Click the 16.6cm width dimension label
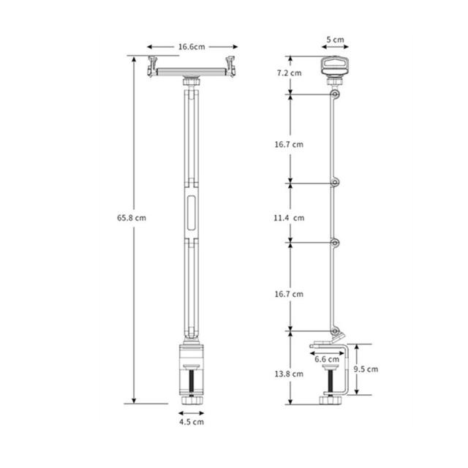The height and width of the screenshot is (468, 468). pyautogui.click(x=192, y=47)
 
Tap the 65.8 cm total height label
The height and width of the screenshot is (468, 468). pyautogui.click(x=132, y=218)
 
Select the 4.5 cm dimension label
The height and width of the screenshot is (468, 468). pyautogui.click(x=192, y=422)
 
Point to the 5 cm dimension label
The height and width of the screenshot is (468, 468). pyautogui.click(x=335, y=39)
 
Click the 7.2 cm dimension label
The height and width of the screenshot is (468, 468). pyautogui.click(x=289, y=73)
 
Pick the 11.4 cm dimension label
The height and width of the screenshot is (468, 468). pyautogui.click(x=289, y=218)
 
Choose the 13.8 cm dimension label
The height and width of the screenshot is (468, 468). pyautogui.click(x=289, y=374)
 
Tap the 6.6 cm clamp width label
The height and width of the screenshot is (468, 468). pyautogui.click(x=327, y=359)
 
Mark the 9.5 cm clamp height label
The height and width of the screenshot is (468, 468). pyautogui.click(x=366, y=369)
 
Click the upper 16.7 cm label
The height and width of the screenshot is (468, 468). pyautogui.click(x=289, y=145)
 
